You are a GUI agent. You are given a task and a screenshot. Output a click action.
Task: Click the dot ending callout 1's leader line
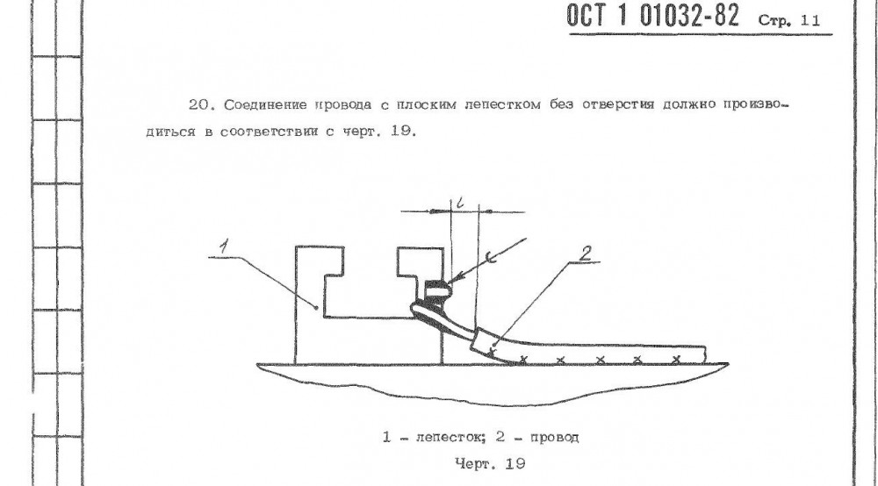(319, 304)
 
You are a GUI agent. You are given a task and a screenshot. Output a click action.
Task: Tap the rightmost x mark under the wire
(676, 361)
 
